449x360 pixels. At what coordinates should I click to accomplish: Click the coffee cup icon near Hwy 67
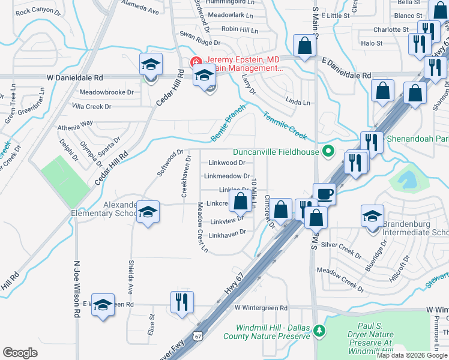pyautogui.click(x=325, y=194)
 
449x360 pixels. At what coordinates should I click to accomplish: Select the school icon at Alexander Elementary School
pyautogui.click(x=148, y=212)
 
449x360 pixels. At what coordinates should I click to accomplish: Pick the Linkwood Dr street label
pyautogui.click(x=227, y=163)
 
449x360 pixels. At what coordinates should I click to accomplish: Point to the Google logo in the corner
pyautogui.click(x=20, y=352)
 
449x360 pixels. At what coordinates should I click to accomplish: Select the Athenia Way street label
pyautogui.click(x=75, y=123)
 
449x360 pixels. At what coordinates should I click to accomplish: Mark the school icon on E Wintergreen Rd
pyautogui.click(x=103, y=305)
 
